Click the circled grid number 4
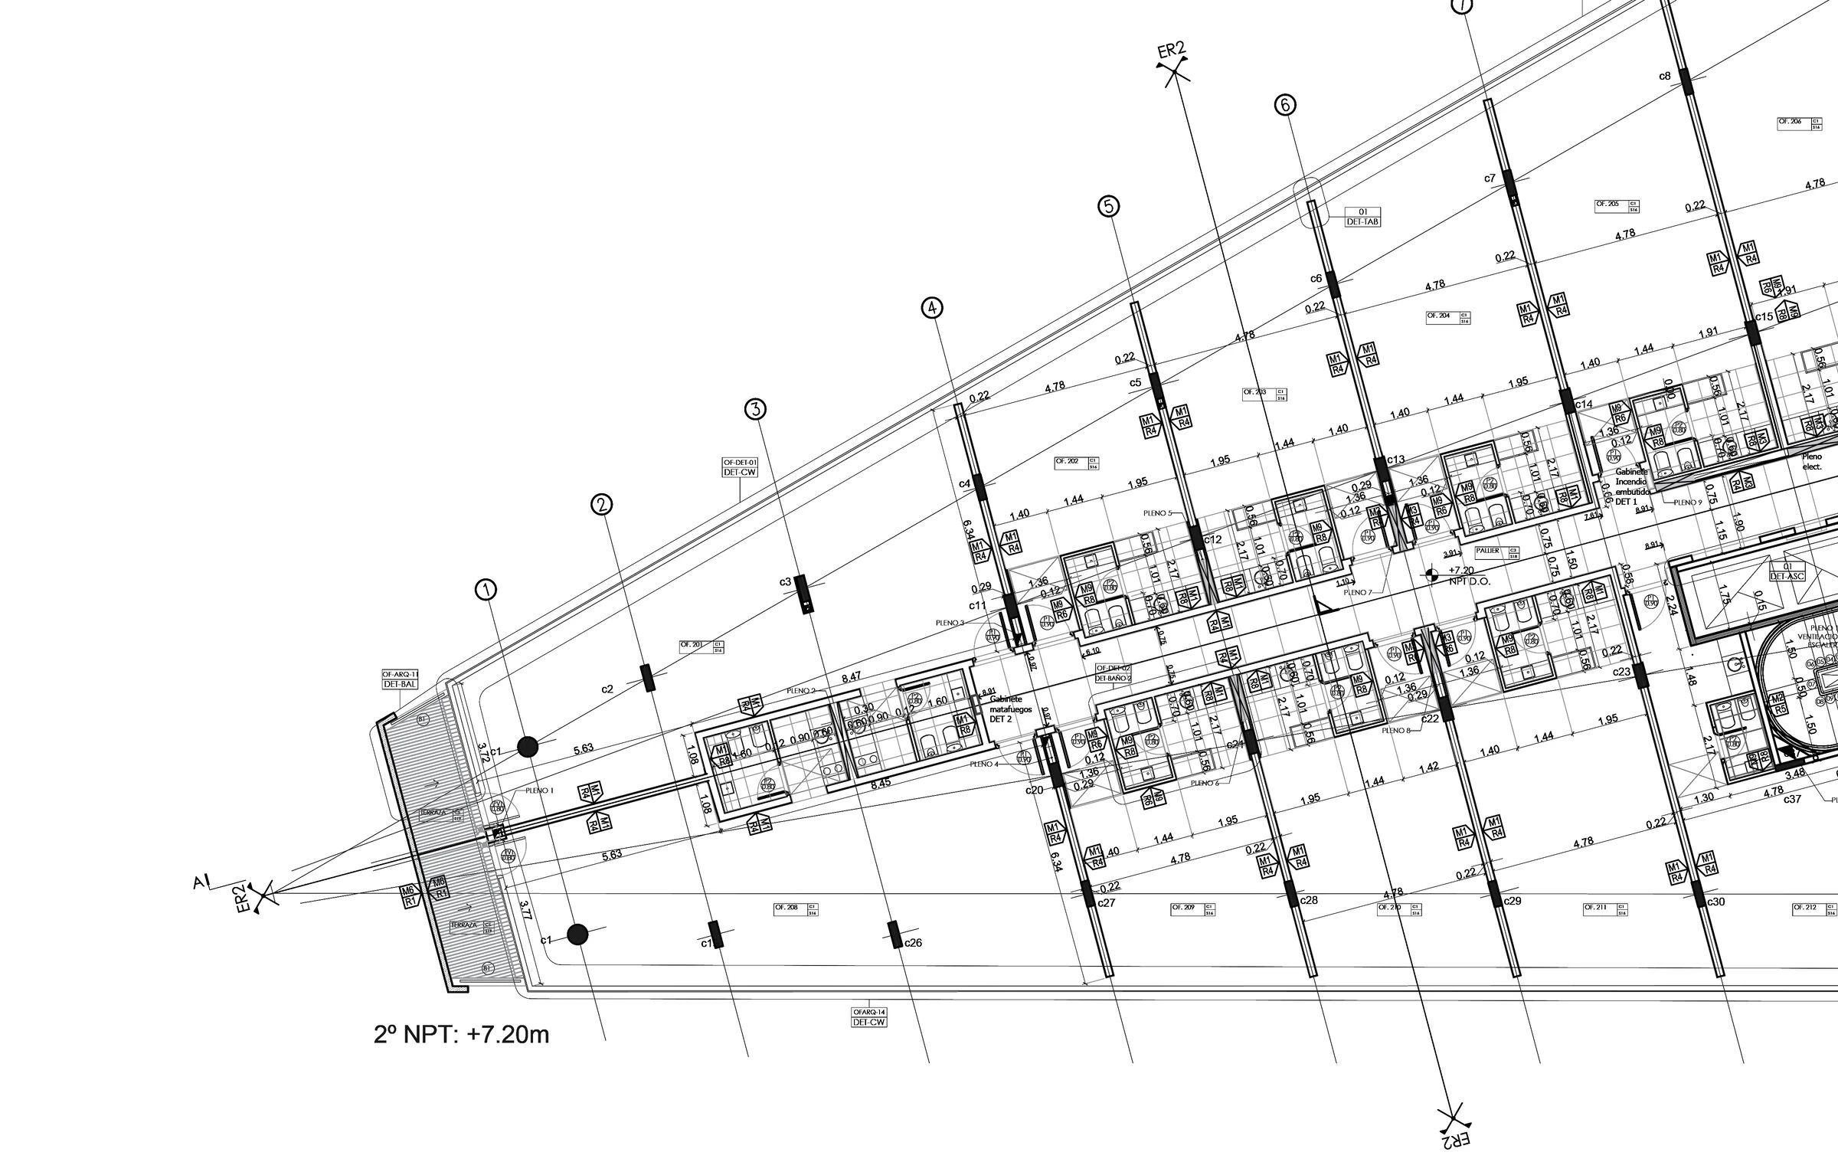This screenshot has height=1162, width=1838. [932, 308]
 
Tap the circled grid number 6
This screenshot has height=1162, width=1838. [1285, 106]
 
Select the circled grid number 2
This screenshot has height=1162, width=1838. [601, 504]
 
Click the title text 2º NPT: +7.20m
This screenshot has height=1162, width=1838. [462, 1035]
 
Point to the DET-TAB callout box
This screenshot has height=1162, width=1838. [1362, 217]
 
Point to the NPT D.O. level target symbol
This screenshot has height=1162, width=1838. [1430, 573]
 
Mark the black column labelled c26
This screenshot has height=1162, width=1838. [894, 935]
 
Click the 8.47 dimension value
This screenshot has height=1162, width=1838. [850, 677]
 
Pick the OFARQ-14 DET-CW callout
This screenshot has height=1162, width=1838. [868, 1016]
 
